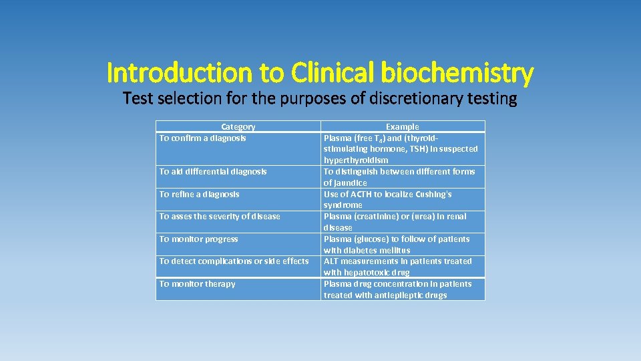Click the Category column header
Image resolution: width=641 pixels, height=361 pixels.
pos(238,126)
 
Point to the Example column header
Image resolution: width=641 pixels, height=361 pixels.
pos(403,126)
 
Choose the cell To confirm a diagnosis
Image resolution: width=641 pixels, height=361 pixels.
pos(203,138)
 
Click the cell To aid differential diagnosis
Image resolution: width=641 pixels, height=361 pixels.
pos(213,172)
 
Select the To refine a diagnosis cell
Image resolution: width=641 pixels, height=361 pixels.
pos(200,195)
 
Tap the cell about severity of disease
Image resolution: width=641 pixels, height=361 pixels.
pos(220,217)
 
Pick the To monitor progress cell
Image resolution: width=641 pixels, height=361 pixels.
pos(199,239)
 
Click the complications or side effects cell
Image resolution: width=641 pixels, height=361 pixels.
pos(234,261)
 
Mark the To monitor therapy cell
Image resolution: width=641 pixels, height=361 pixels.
pos(198,284)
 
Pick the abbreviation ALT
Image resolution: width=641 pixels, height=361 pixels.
pos(331,261)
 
